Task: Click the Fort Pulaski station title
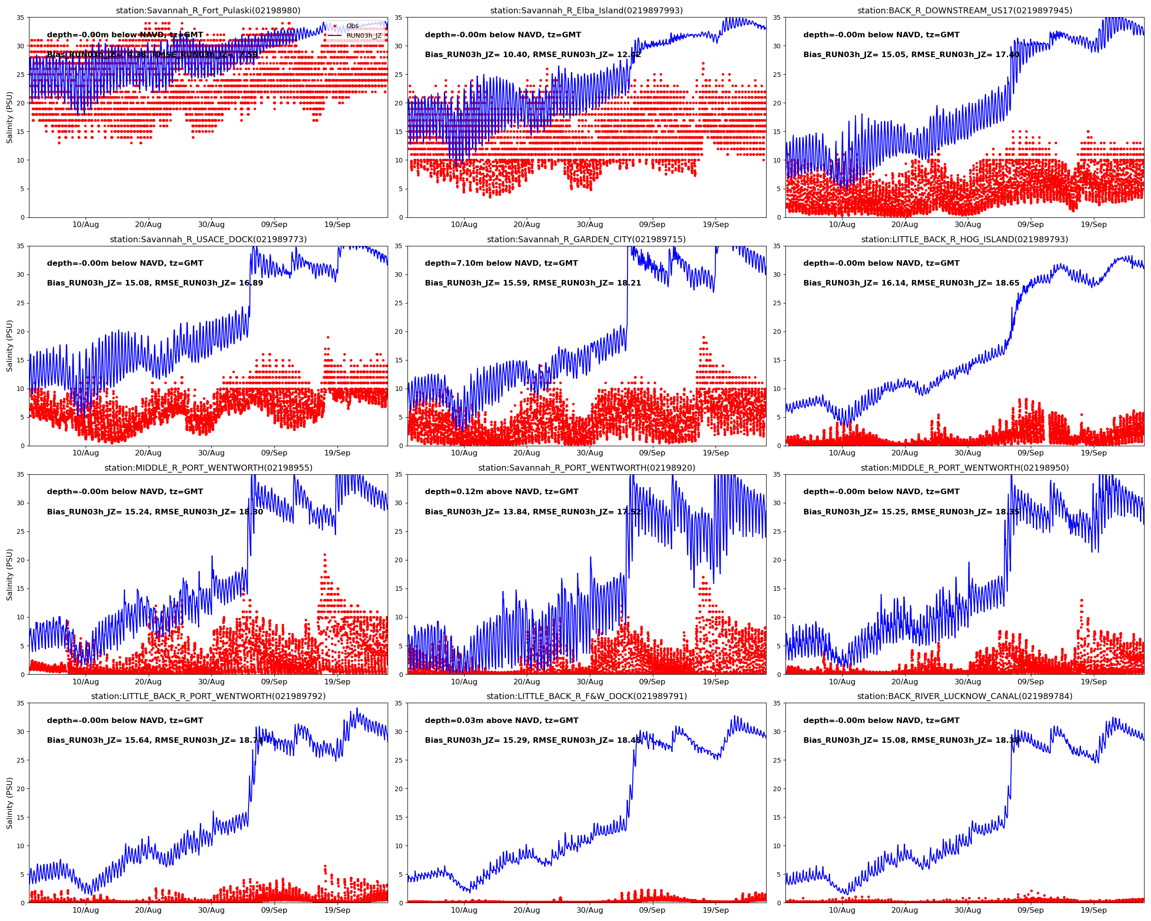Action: tap(208, 11)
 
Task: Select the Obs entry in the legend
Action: tap(352, 26)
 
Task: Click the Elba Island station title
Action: tap(586, 11)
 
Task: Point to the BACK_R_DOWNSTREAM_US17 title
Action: tap(964, 11)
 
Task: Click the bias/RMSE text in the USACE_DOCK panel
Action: tap(155, 283)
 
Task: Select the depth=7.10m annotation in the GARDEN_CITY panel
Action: tap(501, 263)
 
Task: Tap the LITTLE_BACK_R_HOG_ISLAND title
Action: tap(964, 239)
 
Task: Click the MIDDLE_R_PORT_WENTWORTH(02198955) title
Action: tap(208, 468)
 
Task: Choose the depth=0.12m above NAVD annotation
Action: tap(501, 492)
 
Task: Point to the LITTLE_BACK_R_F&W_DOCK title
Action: tap(586, 696)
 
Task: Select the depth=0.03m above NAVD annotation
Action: tap(501, 720)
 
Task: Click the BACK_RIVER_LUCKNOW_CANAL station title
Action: tap(964, 696)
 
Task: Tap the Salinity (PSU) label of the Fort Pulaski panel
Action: tap(9, 117)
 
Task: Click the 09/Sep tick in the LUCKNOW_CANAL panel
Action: tap(1030, 910)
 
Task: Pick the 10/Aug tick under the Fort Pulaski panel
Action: tap(86, 225)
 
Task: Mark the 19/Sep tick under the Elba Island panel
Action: tap(715, 225)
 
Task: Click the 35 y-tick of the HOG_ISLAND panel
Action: tap(777, 246)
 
